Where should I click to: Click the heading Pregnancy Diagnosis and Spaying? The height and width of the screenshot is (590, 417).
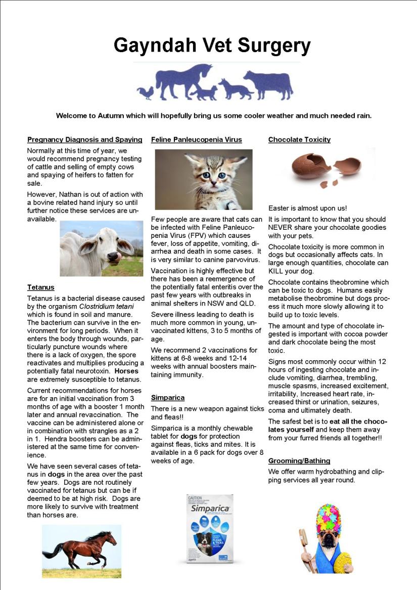84,140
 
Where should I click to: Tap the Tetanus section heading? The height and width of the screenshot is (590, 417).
40,287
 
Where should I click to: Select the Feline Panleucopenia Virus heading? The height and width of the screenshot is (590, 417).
196,140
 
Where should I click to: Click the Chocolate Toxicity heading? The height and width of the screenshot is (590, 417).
299,140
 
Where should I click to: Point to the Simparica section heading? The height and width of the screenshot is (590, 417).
167,398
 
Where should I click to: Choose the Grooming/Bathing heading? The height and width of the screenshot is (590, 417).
299,461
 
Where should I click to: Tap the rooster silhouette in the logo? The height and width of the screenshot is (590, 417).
145,92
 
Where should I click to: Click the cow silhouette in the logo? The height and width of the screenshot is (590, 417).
268,83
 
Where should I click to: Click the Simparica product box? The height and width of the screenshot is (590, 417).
209,528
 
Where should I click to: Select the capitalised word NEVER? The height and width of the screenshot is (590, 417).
283,228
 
